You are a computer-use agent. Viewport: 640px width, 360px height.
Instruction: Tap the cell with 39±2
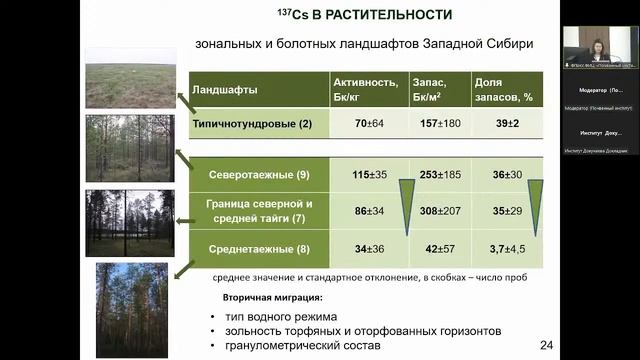508,124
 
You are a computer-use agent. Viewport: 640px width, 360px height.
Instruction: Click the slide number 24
546,345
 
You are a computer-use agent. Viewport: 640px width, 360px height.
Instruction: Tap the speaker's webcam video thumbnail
597,44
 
